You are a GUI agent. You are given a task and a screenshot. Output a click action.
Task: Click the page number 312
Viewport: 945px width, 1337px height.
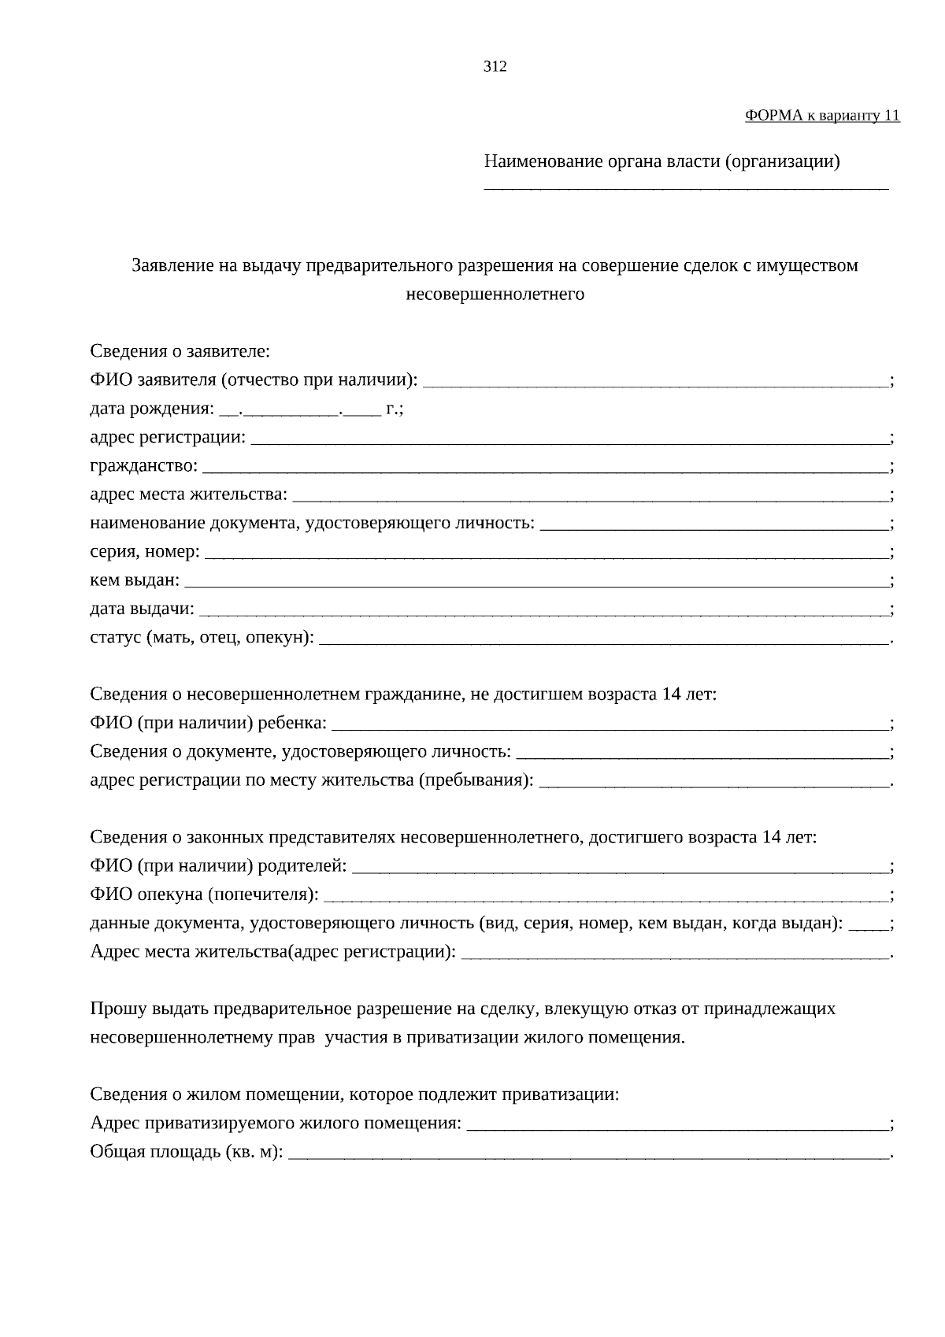[x=495, y=67]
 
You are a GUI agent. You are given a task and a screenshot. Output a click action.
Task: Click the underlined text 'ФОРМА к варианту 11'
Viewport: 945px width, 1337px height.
[x=821, y=116]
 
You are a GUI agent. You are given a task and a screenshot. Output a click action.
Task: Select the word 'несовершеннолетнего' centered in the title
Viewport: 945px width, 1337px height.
[x=495, y=294]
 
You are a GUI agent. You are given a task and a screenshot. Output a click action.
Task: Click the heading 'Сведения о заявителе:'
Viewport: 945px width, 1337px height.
[x=180, y=351]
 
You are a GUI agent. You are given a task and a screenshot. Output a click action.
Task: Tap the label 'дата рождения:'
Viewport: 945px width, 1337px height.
[x=151, y=409]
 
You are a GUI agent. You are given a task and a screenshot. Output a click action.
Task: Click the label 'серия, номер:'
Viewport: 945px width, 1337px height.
[x=145, y=552]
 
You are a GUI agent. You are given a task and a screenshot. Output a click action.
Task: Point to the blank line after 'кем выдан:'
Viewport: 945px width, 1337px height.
[x=535, y=585]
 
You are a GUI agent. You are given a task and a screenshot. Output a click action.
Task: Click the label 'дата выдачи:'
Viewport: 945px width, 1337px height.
[x=142, y=609]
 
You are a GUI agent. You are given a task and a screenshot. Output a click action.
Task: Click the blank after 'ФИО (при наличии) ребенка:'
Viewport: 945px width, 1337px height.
[x=610, y=728]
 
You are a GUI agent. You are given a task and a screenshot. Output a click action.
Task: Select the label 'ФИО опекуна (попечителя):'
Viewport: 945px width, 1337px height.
[x=204, y=894]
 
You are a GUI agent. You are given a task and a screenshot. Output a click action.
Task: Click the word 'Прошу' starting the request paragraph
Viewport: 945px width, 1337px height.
[x=113, y=1009]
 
